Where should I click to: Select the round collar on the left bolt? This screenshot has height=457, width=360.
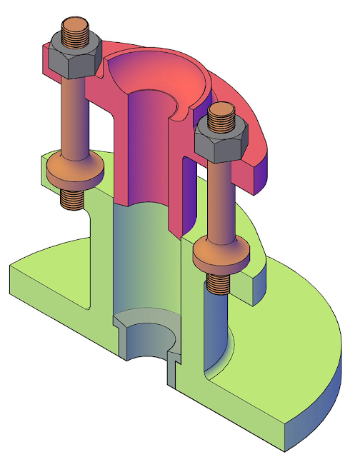pos(74,167)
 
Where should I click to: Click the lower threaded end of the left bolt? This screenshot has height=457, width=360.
pos(71,196)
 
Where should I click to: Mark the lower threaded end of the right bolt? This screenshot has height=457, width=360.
pos(219,282)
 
